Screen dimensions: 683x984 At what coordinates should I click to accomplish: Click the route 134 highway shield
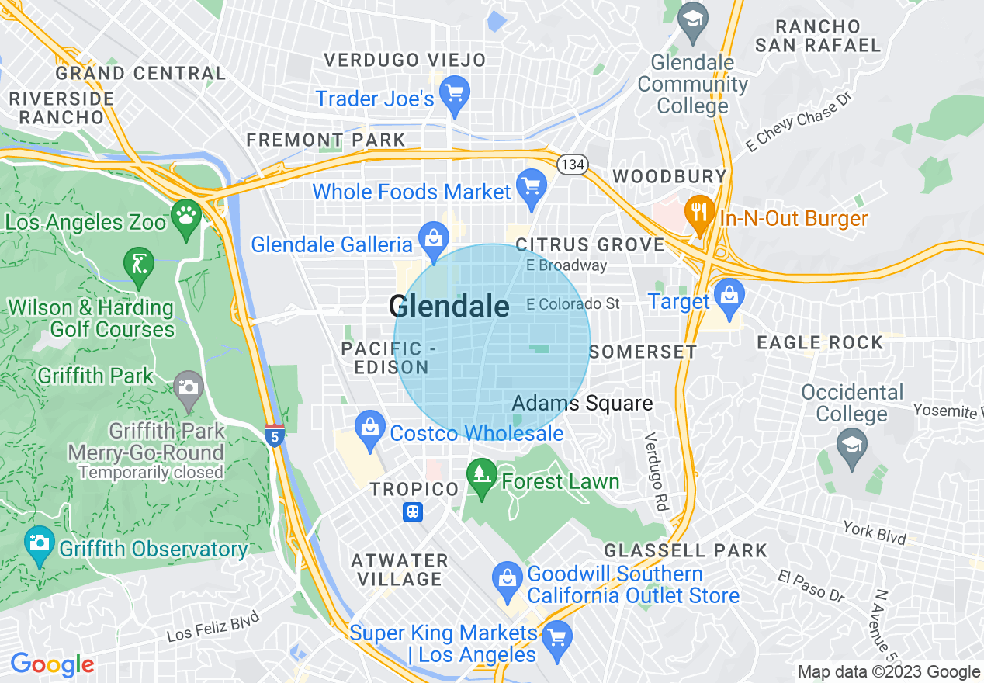click(x=573, y=165)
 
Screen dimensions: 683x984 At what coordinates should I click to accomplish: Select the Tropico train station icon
click(x=413, y=512)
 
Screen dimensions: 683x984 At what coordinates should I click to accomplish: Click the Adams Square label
click(x=582, y=404)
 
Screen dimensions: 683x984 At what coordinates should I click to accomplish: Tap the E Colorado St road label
click(x=573, y=303)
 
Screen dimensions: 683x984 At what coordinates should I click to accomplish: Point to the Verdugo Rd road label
click(x=656, y=471)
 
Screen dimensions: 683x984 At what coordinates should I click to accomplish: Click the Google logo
click(x=52, y=665)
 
